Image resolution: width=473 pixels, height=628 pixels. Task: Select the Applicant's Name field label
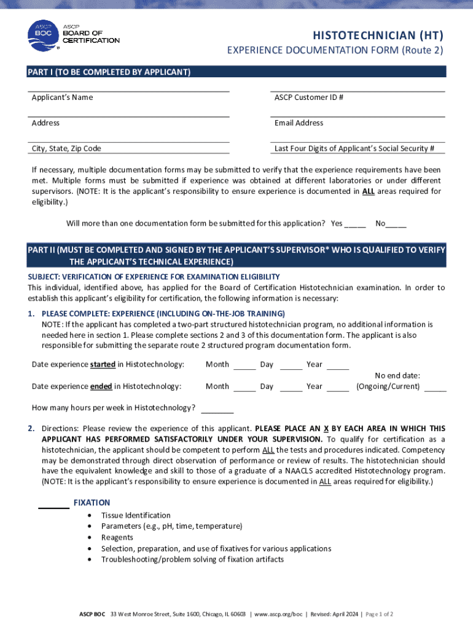coord(62,98)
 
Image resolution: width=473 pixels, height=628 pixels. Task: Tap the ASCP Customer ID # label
coord(308,98)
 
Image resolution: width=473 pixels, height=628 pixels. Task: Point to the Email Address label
coord(299,123)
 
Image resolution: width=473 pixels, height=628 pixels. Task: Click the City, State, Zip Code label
coord(66,148)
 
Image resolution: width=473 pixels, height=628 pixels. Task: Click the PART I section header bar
coord(237,72)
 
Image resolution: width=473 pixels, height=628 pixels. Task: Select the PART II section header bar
coord(237,256)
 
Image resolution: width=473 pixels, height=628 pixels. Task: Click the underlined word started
coord(103,364)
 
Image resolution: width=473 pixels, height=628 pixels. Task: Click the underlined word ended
coord(101,386)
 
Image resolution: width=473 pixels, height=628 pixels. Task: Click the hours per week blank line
coord(217,411)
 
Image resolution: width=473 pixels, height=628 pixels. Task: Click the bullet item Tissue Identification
coord(136,516)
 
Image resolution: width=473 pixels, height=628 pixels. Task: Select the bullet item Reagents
coord(117,538)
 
